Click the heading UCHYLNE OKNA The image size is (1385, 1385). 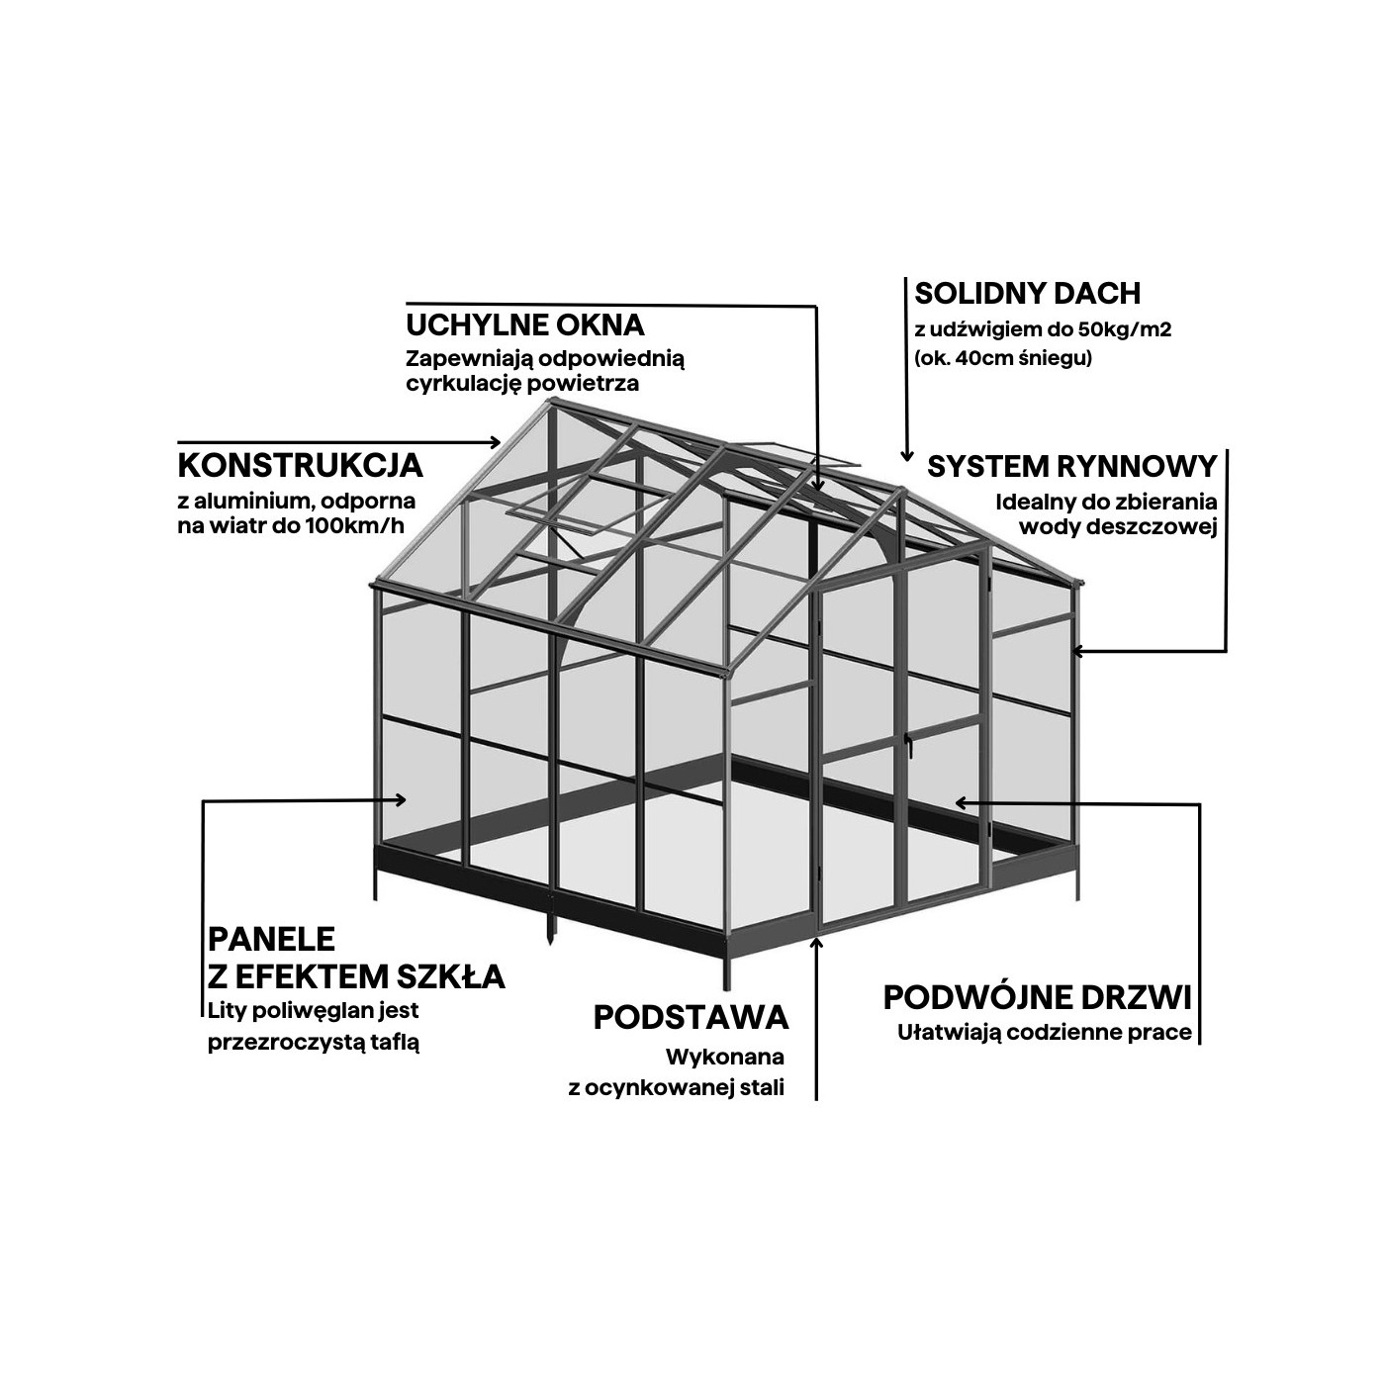(x=525, y=324)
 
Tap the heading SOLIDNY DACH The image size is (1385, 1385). (x=1028, y=293)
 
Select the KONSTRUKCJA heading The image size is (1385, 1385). (x=301, y=466)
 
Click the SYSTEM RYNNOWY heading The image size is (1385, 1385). (x=1071, y=467)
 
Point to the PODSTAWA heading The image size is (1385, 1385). (x=692, y=1018)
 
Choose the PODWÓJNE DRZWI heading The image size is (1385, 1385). (x=1038, y=997)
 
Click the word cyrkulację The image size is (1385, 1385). (x=464, y=384)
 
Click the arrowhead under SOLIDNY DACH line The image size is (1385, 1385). (x=907, y=456)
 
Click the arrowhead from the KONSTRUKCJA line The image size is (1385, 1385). (x=495, y=441)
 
